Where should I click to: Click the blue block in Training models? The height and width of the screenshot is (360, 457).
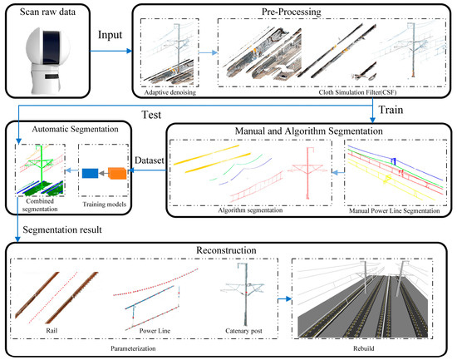click(90, 174)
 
